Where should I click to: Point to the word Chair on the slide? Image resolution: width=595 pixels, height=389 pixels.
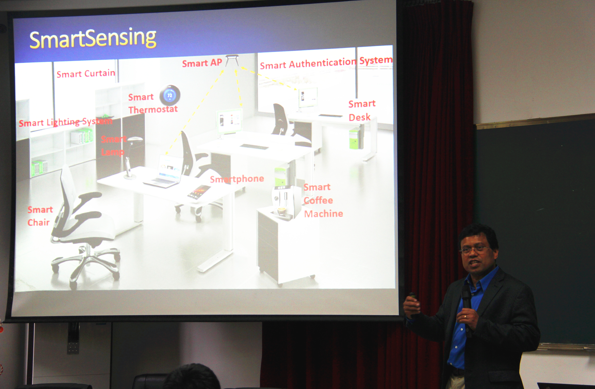[39, 222]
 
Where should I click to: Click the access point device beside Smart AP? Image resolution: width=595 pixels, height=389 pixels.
[232, 60]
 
